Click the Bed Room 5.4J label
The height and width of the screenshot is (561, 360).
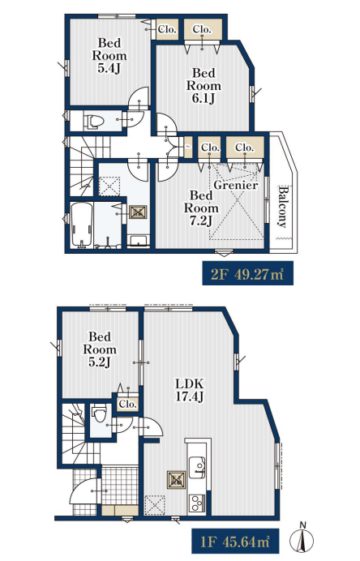click(x=109, y=55)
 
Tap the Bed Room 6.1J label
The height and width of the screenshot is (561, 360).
click(x=204, y=85)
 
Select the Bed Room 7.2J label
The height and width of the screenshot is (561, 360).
click(x=201, y=208)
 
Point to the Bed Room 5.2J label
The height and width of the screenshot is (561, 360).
click(x=100, y=349)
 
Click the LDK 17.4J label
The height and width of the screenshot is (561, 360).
click(x=189, y=390)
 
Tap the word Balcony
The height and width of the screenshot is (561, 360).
click(x=283, y=207)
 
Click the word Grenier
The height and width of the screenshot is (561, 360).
click(x=236, y=185)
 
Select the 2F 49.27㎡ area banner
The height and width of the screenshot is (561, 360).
click(x=247, y=273)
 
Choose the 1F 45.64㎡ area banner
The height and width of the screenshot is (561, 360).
click(x=235, y=541)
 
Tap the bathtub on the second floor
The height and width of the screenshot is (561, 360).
click(x=82, y=225)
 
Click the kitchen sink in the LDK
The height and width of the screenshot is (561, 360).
click(x=197, y=467)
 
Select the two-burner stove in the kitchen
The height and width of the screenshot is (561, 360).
click(x=196, y=503)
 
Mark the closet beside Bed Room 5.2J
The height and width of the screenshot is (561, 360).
click(x=128, y=405)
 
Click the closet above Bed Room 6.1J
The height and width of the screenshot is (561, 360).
click(x=202, y=29)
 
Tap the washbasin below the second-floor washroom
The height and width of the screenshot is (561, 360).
click(x=138, y=241)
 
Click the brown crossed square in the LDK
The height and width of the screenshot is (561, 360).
click(x=177, y=480)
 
